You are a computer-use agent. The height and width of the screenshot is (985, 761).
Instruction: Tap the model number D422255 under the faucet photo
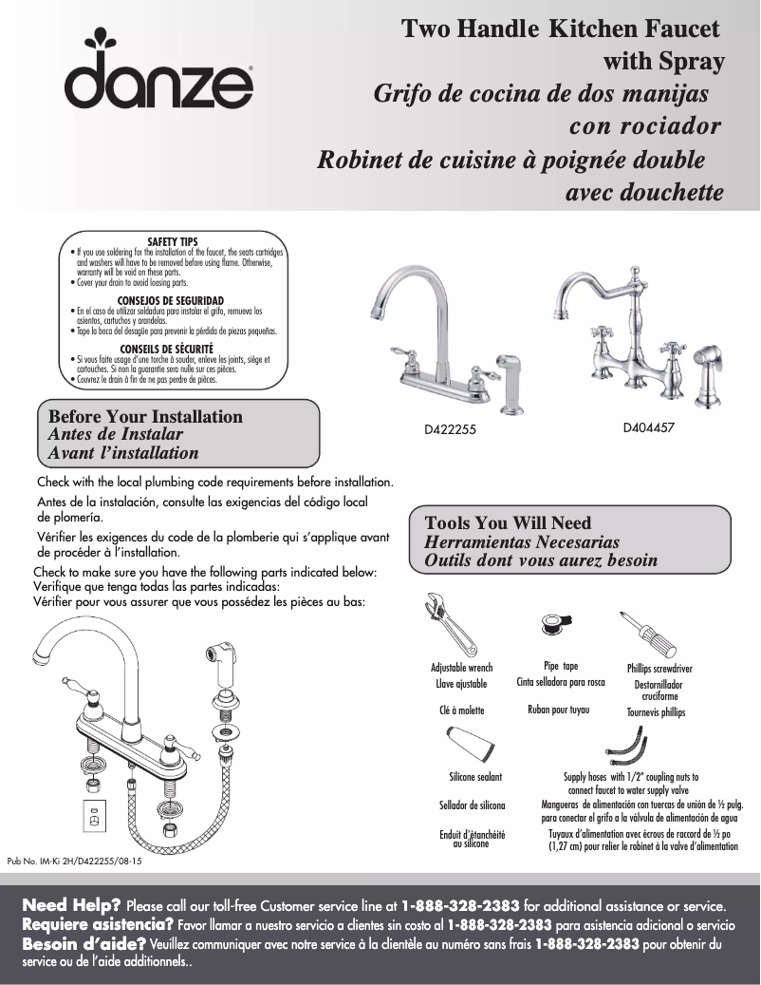pos(449,429)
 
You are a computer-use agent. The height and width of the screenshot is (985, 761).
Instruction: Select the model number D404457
pos(648,427)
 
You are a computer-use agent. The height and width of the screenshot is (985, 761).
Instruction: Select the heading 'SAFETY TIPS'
pos(173,242)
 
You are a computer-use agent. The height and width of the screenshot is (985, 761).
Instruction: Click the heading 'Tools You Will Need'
pos(508,523)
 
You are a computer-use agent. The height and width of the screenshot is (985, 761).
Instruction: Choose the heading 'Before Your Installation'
pos(145,417)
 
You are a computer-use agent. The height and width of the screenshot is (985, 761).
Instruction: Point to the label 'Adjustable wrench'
pos(461,668)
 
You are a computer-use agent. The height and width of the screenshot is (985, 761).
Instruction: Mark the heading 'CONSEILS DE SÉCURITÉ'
pos(173,349)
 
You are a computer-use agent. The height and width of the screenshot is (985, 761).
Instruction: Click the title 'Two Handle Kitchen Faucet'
pos(561,29)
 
